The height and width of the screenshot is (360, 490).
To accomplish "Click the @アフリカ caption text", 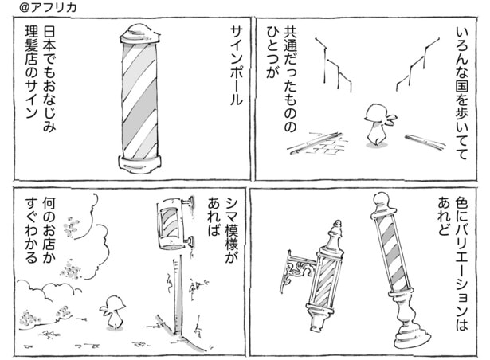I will coord(32,7).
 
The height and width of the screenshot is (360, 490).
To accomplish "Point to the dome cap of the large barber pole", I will coord(140,36).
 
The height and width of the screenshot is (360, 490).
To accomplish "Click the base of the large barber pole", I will coord(140,164).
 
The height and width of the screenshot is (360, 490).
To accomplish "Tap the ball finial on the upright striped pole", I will coord(381,199).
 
